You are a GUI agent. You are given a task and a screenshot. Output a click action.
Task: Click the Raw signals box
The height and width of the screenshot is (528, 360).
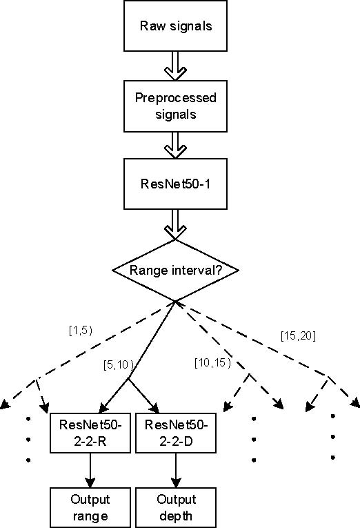[175, 26]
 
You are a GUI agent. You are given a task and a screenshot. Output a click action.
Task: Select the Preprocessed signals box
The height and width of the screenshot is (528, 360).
[175, 106]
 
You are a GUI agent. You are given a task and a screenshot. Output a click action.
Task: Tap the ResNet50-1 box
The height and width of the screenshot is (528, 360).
[175, 184]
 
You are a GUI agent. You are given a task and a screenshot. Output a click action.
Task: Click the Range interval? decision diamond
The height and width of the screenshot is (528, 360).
[175, 270]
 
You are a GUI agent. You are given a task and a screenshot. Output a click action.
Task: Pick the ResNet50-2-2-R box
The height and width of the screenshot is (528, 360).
[90, 433]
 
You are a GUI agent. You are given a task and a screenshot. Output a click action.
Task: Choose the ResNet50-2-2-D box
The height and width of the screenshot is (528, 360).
[176, 433]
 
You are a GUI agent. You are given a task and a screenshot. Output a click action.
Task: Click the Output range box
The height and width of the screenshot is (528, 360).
[90, 507]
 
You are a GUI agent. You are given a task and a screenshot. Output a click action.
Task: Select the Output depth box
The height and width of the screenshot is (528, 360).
[176, 507]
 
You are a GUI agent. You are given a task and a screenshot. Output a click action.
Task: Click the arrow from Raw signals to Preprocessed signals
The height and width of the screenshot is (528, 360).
[175, 66]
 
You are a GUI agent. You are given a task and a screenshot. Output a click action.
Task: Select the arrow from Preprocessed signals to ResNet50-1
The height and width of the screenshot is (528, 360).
[175, 146]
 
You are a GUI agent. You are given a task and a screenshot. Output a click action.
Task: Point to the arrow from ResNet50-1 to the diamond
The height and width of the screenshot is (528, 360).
[175, 224]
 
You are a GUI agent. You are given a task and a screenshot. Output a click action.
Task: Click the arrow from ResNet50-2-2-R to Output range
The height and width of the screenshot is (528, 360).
[90, 471]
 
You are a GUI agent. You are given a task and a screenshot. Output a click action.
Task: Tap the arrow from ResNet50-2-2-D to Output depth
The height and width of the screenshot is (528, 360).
[176, 471]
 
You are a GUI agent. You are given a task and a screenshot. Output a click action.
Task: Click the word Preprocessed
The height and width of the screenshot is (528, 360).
[176, 98]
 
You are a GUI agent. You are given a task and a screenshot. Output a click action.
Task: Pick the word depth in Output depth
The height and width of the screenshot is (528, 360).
[176, 516]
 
